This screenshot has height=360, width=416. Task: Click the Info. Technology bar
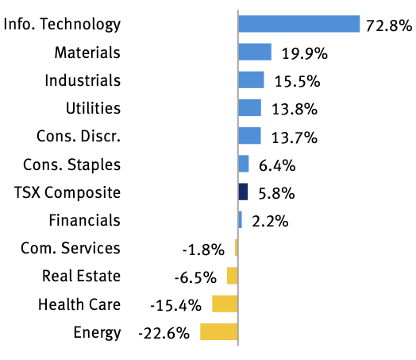(299, 24)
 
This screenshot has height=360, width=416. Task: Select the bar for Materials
(255, 52)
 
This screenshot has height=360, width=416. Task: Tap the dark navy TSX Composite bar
(243, 192)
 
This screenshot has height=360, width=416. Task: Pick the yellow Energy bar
(218, 331)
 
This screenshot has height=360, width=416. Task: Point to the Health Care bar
(225, 304)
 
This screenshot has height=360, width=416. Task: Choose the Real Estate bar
(232, 276)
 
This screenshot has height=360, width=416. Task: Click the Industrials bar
(251, 80)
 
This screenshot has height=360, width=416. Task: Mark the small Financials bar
(240, 220)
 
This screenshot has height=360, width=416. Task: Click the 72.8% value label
(388, 25)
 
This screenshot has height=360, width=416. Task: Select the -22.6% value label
(164, 333)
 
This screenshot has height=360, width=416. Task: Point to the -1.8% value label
(204, 250)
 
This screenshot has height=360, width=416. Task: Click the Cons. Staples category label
(72, 165)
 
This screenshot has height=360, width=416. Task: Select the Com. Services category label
(71, 248)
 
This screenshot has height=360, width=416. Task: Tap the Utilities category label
(93, 108)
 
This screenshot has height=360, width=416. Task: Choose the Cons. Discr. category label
(79, 136)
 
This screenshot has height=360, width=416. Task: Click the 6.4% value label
(278, 165)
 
